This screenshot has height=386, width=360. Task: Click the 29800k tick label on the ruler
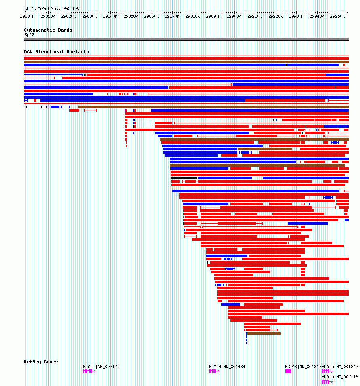(x=27, y=17)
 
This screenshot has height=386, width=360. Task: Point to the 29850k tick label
(x=130, y=17)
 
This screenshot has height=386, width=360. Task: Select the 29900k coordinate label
(x=234, y=17)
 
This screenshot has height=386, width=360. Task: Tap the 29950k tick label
(x=337, y=17)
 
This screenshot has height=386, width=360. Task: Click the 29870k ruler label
(x=172, y=17)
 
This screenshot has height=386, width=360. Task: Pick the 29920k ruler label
(x=275, y=17)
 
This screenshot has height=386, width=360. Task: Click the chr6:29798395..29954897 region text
(x=52, y=8)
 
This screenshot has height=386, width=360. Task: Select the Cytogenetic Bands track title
(x=48, y=30)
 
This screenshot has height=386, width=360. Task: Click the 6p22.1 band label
(x=31, y=35)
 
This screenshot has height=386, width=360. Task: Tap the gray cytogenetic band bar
(x=186, y=39)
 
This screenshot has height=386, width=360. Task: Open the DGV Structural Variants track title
(x=56, y=52)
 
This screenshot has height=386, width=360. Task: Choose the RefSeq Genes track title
(x=41, y=362)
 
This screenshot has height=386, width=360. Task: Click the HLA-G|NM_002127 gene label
(x=101, y=367)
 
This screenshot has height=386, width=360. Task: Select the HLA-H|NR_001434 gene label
(x=227, y=367)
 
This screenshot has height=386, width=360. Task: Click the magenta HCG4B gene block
(x=288, y=371)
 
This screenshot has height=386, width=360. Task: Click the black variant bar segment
(x=184, y=178)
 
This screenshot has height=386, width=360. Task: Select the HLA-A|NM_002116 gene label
(x=340, y=376)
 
